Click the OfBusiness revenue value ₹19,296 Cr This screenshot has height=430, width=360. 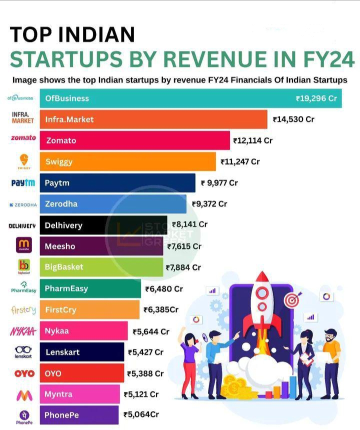(x=316, y=98)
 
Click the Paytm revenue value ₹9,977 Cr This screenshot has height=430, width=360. (x=219, y=183)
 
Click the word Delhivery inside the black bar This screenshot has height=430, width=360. (x=63, y=225)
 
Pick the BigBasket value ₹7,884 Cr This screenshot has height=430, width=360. (x=183, y=267)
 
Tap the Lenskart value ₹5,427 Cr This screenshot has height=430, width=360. (x=145, y=352)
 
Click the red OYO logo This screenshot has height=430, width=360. (x=24, y=373)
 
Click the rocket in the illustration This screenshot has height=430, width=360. (x=262, y=305)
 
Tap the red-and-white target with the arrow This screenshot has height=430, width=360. (x=291, y=300)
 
